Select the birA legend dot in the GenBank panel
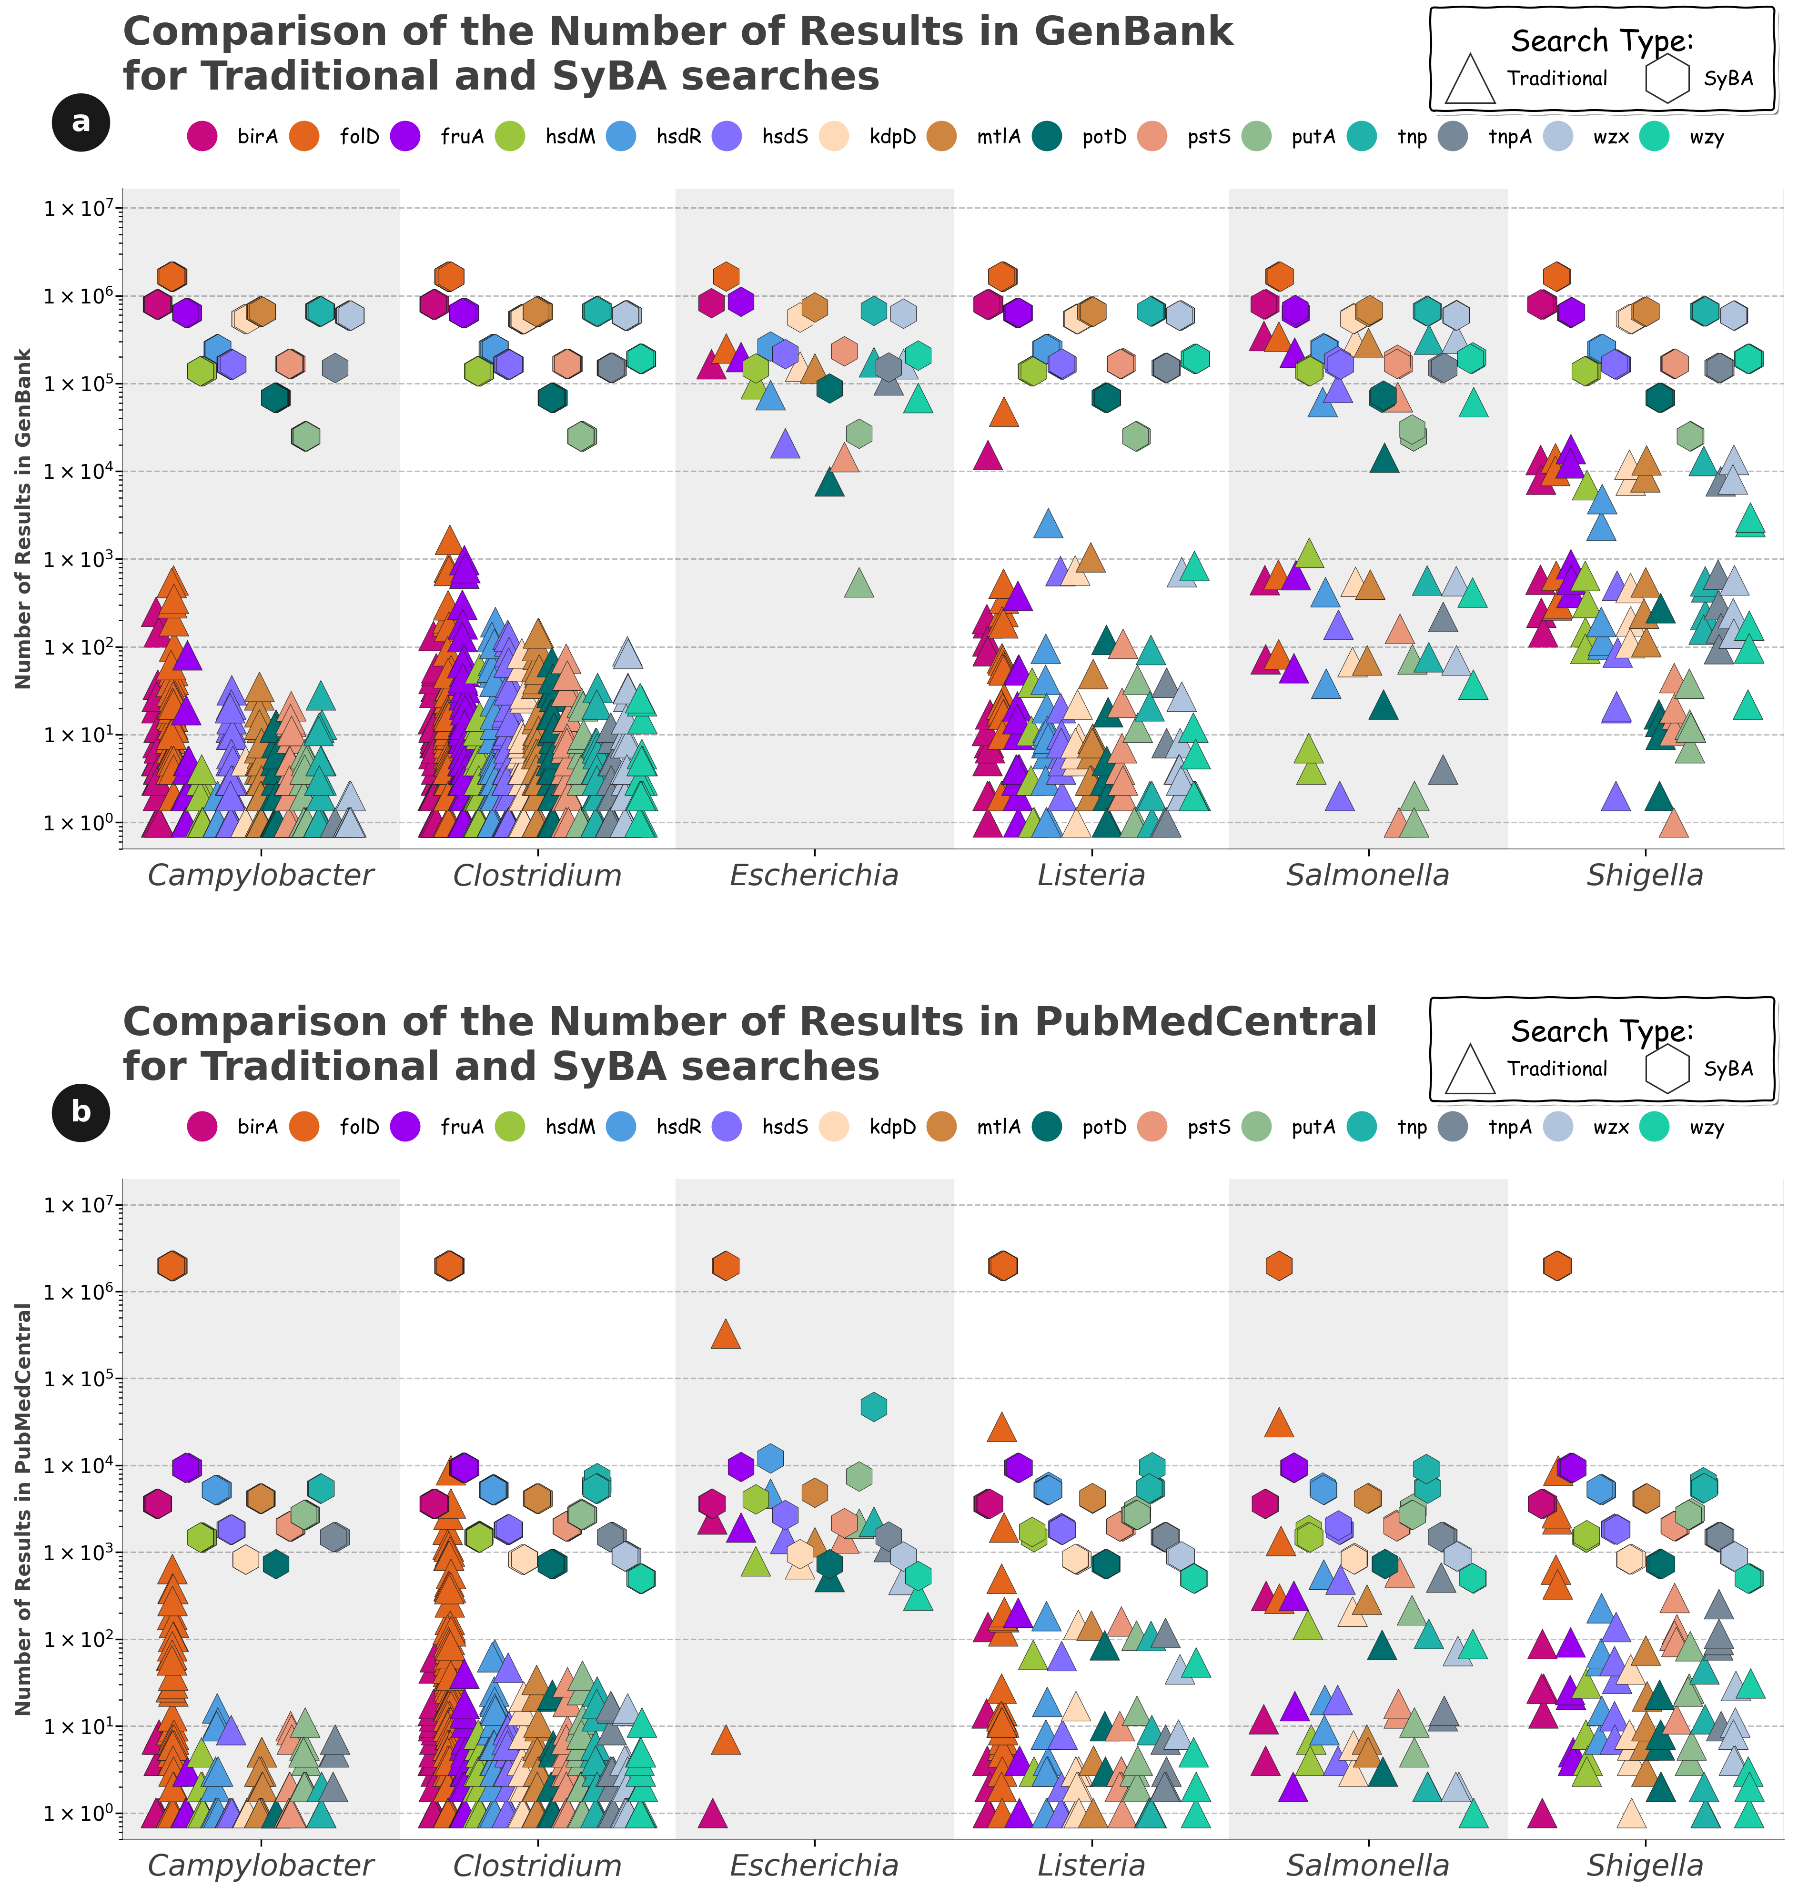[x=202, y=136]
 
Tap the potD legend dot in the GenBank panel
[x=1048, y=136]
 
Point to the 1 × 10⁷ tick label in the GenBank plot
[x=79, y=208]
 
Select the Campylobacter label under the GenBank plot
[x=261, y=875]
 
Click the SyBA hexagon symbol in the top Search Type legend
[x=1667, y=79]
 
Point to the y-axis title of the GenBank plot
[x=24, y=518]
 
